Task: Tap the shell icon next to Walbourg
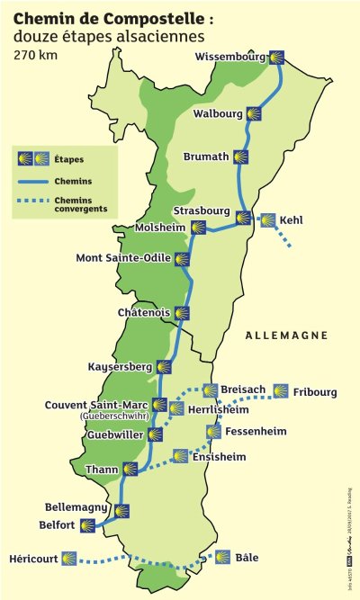pyautogui.click(x=255, y=114)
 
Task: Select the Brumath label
pyautogui.click(x=206, y=157)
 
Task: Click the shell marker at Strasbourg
pyautogui.click(x=243, y=217)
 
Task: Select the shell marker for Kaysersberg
pyautogui.click(x=164, y=367)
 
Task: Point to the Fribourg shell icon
pyautogui.click(x=281, y=391)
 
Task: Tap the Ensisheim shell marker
pyautogui.click(x=180, y=456)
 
